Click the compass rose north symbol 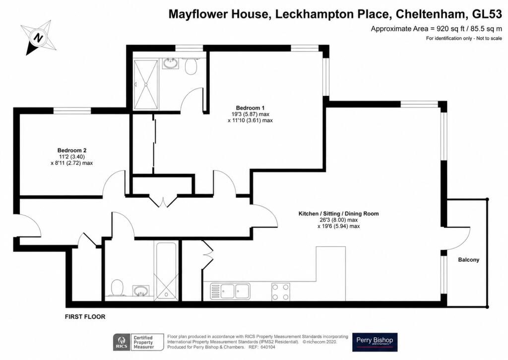tap(39, 38)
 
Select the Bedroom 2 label tap(71, 150)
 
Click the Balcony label tap(468, 260)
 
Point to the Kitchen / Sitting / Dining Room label tap(338, 214)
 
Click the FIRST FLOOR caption tap(85, 317)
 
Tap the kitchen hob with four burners tap(281, 292)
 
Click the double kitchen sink tap(230, 291)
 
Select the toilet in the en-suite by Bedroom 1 tap(191, 66)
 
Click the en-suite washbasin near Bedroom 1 tap(171, 64)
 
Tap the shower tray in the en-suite tap(146, 84)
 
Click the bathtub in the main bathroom tap(166, 271)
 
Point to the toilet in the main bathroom tap(117, 288)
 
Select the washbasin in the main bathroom tap(141, 291)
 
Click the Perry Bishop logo tap(375, 342)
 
